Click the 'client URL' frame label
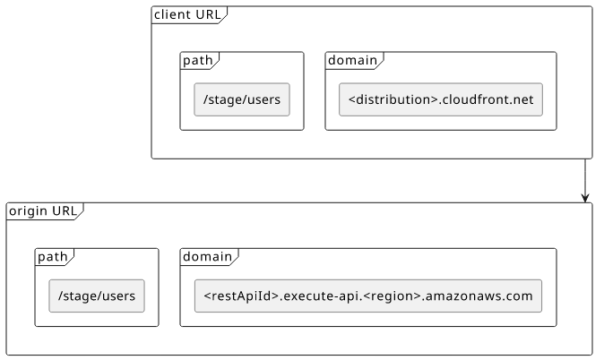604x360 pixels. (x=187, y=14)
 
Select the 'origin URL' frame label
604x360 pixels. (x=43, y=211)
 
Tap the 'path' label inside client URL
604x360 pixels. (x=198, y=61)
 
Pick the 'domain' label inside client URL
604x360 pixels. (x=352, y=61)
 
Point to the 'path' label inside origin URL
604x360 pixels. (x=52, y=257)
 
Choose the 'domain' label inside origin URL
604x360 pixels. (x=207, y=257)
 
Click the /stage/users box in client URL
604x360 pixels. (x=242, y=99)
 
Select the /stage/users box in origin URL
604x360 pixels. (x=97, y=296)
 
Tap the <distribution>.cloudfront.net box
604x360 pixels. (x=441, y=99)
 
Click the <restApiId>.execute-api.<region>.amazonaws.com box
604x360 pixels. (x=368, y=296)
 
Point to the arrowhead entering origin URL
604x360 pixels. (x=585, y=198)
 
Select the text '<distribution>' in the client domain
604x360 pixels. (x=393, y=99)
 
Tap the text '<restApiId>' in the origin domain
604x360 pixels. (x=241, y=296)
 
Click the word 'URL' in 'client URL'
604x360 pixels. (x=209, y=14)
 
